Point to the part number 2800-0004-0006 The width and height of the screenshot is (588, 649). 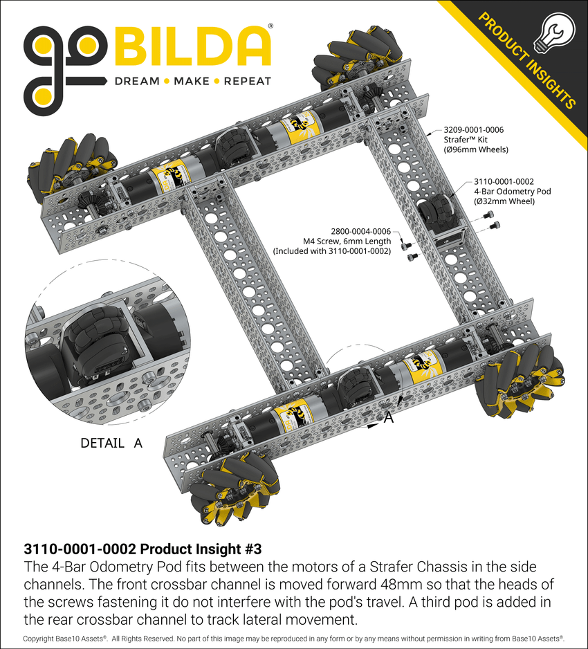[360, 231]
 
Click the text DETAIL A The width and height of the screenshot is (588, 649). [111, 443]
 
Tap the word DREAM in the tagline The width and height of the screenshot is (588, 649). [137, 81]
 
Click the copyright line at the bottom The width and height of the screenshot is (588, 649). [293, 638]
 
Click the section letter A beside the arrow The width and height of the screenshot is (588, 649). [389, 417]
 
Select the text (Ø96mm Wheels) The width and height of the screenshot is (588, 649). [475, 149]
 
